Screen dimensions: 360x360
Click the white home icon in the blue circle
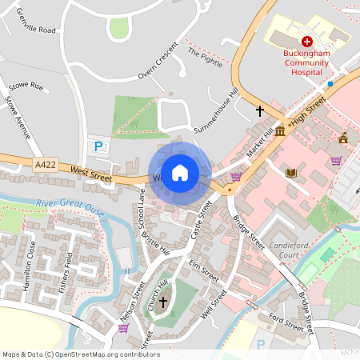(x=180, y=172)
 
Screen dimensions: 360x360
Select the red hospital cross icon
(x=306, y=40)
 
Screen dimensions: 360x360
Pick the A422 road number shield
(x=46, y=164)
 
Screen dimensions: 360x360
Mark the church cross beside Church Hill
(x=163, y=302)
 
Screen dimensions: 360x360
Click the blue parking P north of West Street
(x=98, y=146)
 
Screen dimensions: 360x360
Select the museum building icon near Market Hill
(x=280, y=130)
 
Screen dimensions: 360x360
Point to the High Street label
(x=308, y=112)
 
